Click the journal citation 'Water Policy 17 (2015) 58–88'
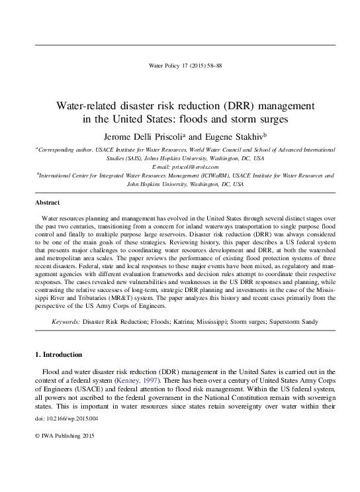[x=179, y=65]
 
